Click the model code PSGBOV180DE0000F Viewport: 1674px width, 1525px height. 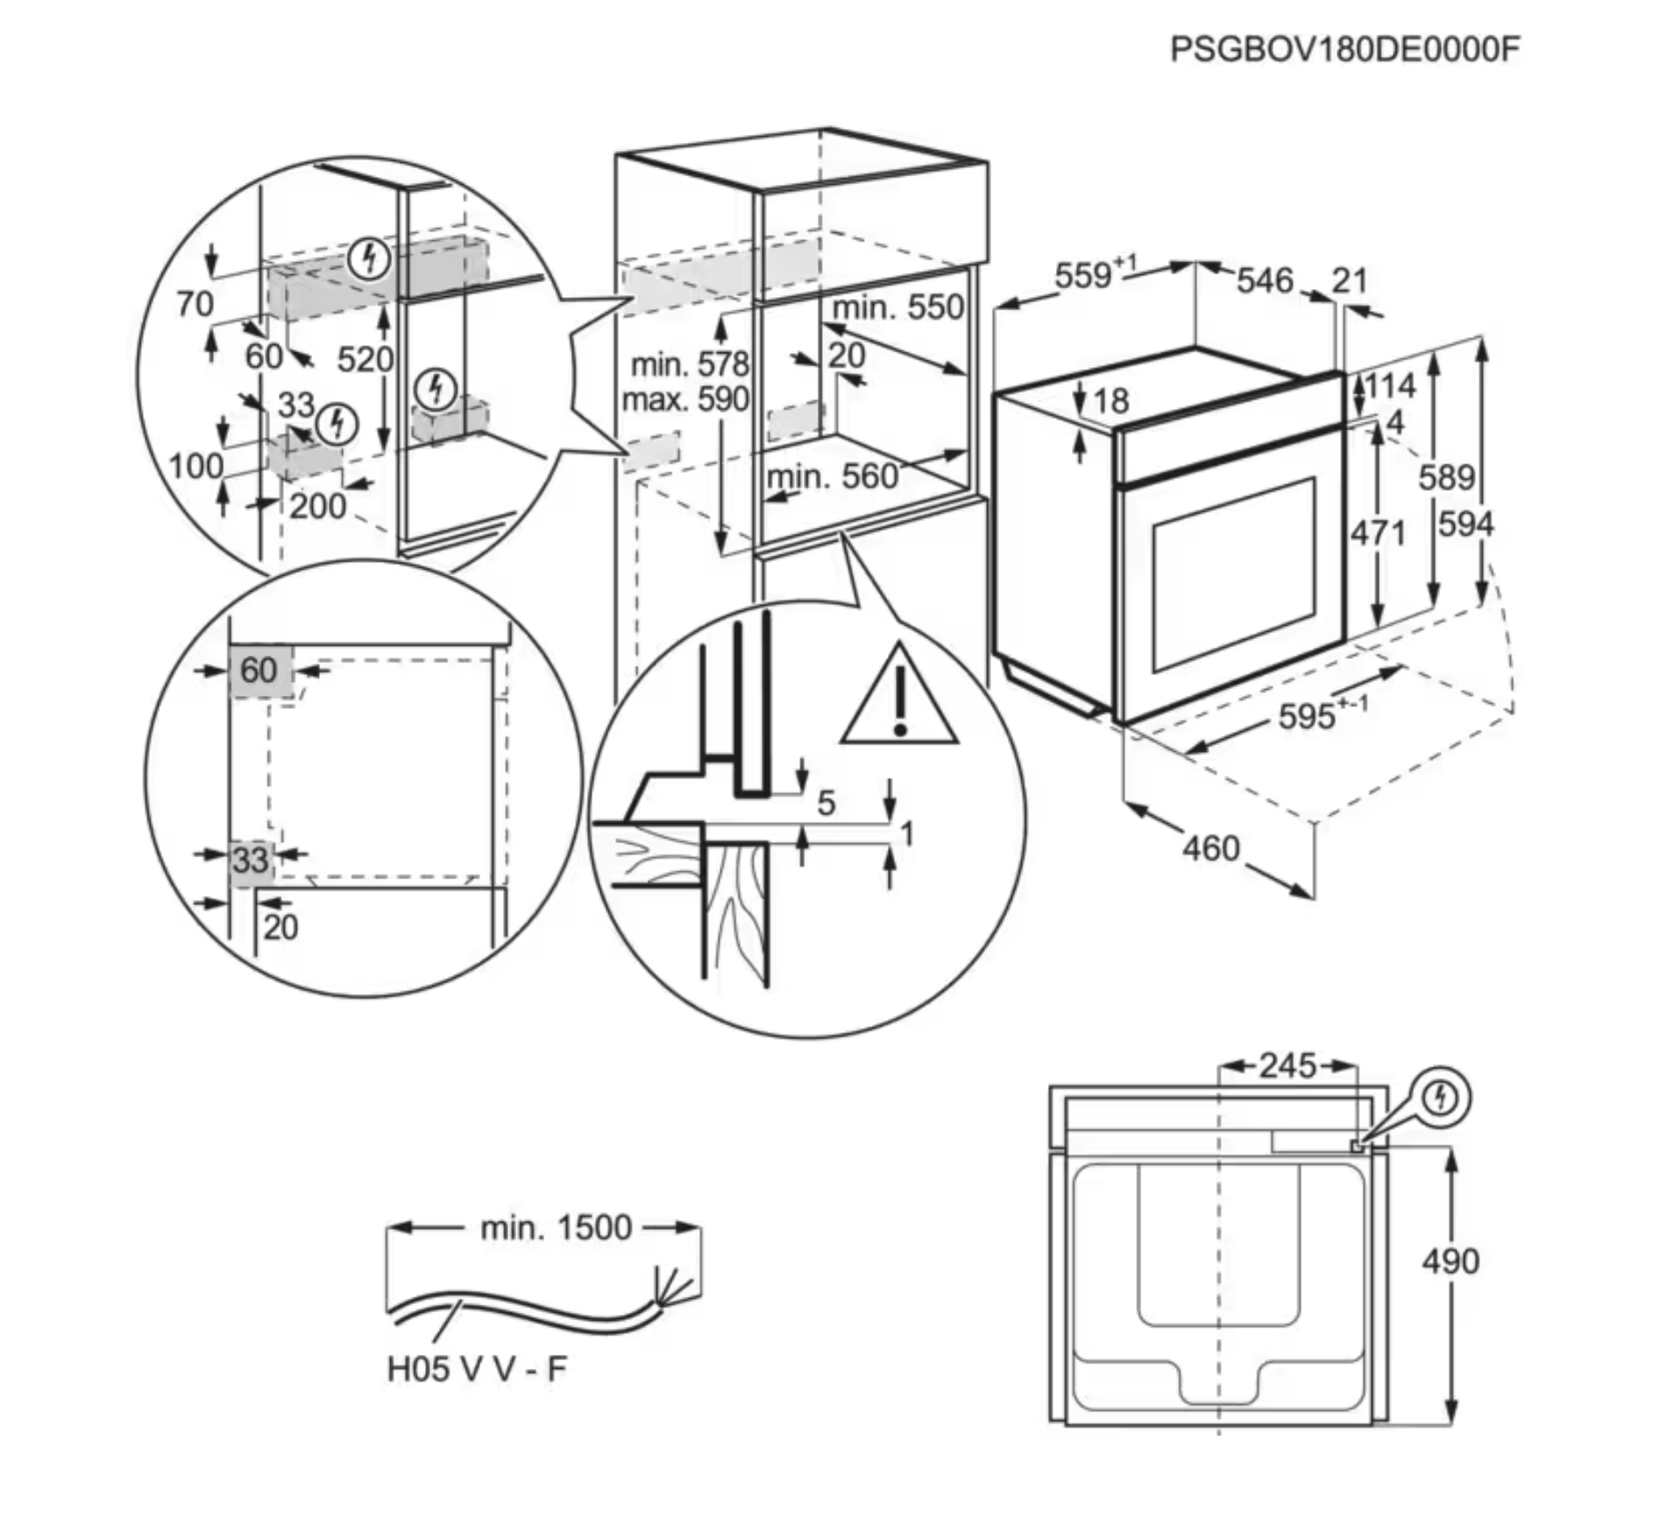click(1344, 50)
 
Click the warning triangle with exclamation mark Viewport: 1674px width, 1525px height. click(899, 694)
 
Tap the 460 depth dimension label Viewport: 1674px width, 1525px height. click(1210, 848)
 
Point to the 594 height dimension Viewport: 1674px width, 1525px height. click(1466, 524)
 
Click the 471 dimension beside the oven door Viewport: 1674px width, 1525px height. click(1378, 532)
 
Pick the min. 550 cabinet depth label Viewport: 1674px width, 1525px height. click(897, 308)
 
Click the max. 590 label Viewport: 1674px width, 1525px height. click(685, 400)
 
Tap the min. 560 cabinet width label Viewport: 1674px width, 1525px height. click(833, 477)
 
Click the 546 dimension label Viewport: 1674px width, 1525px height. click(1265, 280)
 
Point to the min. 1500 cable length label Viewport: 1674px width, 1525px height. click(556, 1228)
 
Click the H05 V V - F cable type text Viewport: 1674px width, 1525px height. click(478, 1368)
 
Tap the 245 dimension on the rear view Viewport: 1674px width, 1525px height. click(1287, 1066)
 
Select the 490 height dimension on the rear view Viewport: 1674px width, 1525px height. click(1451, 1261)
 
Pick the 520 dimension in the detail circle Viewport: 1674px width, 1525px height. click(365, 359)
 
